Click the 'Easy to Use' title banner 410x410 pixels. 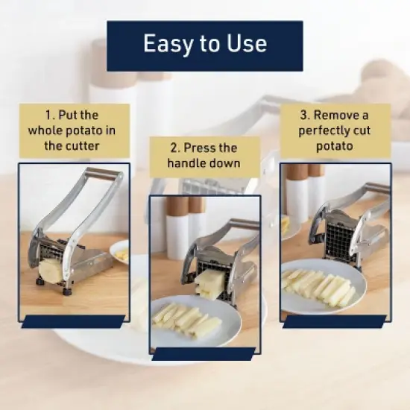[x=204, y=45]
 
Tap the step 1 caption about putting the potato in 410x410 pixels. [x=72, y=130]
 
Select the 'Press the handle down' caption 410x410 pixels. [x=204, y=155]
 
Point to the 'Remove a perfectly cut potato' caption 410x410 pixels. [x=333, y=130]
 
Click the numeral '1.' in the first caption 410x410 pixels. [x=51, y=116]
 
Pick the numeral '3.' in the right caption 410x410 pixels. [x=305, y=116]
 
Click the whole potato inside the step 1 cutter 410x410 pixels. [x=51, y=270]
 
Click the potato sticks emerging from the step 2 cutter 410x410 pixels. [x=210, y=283]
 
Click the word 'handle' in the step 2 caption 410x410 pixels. [x=193, y=163]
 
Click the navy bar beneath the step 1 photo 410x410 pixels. [x=72, y=321]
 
